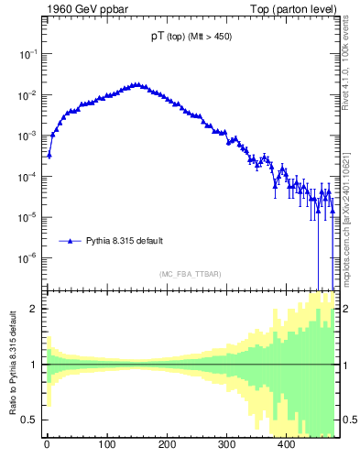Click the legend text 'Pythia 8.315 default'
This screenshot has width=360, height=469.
click(125, 242)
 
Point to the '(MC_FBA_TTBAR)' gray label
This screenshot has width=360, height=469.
click(190, 274)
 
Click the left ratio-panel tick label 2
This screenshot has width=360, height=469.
click(36, 309)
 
